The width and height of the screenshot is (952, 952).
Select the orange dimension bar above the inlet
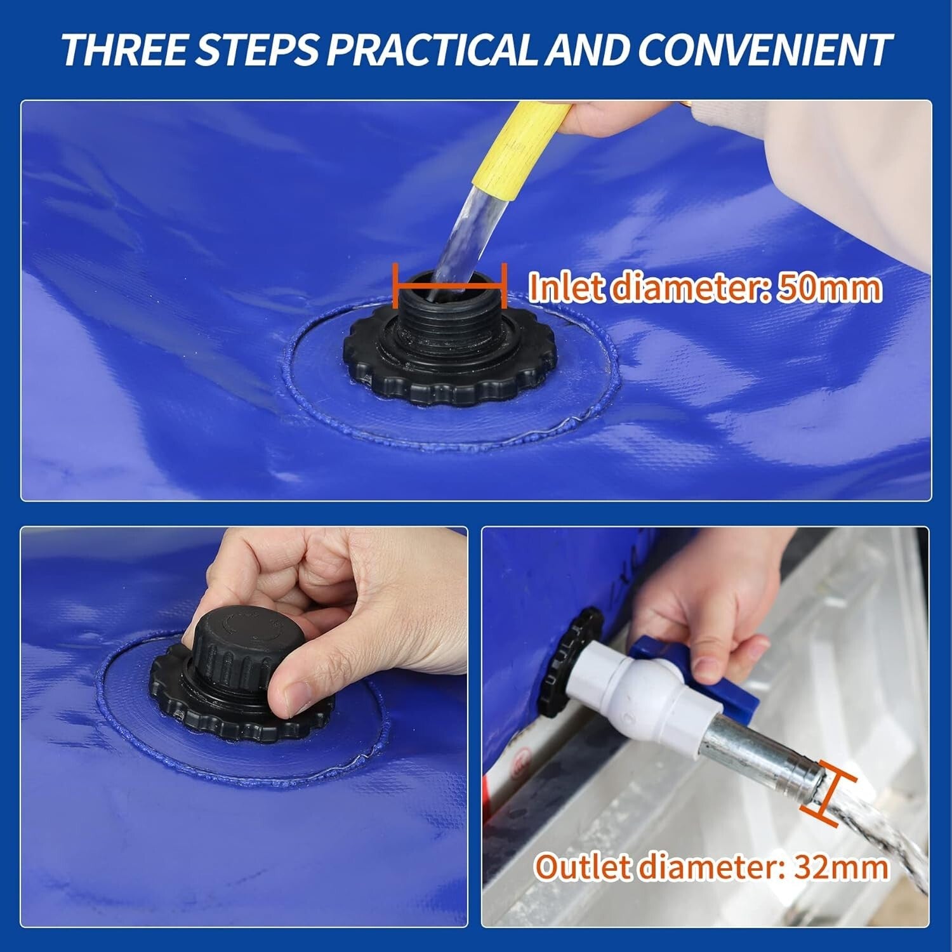[449, 286]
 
